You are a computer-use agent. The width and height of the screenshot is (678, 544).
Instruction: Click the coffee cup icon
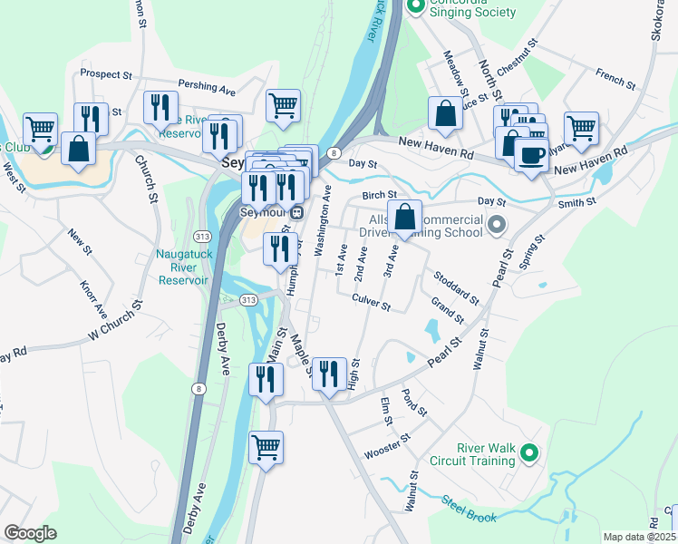pyautogui.click(x=530, y=153)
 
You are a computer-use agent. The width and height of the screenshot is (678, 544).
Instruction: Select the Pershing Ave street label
pyautogui.click(x=207, y=87)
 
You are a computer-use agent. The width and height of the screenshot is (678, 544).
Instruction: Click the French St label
pyautogui.click(x=616, y=79)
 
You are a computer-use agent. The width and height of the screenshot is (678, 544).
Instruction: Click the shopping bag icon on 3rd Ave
pyautogui.click(x=405, y=217)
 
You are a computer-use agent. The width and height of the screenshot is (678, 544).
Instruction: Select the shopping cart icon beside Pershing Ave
pyautogui.click(x=283, y=104)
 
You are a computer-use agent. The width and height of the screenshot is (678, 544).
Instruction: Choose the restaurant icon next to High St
pyautogui.click(x=329, y=373)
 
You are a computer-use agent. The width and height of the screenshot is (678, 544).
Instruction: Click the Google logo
pyautogui.click(x=31, y=532)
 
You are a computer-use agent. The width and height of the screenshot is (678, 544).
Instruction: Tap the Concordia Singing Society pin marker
pyautogui.click(x=417, y=7)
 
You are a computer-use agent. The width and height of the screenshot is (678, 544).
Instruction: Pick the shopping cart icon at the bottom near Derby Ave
pyautogui.click(x=266, y=446)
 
